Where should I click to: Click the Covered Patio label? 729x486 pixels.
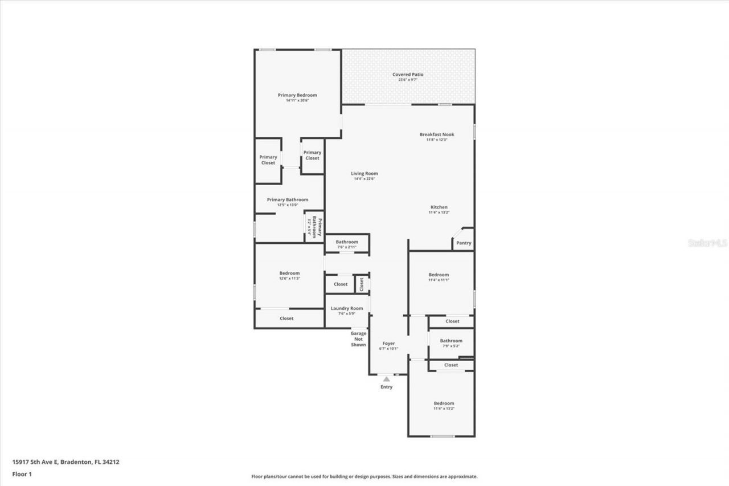408,75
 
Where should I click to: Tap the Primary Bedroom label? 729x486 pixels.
297,95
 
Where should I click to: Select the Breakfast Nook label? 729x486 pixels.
437,134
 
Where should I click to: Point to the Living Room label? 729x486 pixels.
364,174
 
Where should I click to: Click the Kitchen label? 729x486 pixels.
439,207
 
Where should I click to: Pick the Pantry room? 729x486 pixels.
464,243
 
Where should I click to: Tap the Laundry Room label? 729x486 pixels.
347,308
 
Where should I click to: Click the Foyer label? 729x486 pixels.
388,344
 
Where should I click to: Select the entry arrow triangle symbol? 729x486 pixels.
387,379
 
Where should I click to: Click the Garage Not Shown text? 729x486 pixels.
358,339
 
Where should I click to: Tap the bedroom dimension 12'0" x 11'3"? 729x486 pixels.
289,279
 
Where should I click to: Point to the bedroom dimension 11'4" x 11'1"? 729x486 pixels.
439,280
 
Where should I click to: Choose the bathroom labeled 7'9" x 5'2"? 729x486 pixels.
451,343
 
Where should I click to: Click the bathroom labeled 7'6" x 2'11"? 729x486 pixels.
346,244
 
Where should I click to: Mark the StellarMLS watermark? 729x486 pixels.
707,243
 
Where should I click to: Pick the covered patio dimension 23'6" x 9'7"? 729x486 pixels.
408,80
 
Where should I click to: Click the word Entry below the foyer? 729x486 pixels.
387,387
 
